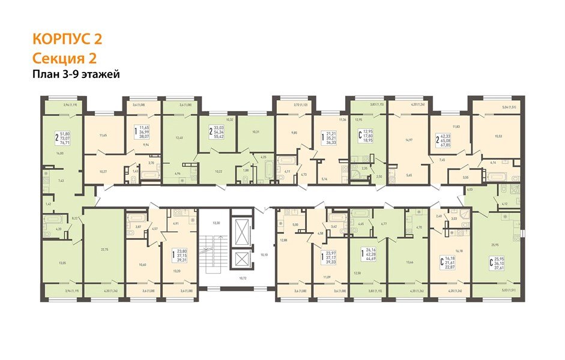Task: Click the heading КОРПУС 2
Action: pyautogui.click(x=67, y=39)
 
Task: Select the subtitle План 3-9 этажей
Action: pyautogui.click(x=76, y=74)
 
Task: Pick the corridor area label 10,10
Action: pyautogui.click(x=264, y=254)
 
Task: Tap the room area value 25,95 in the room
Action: pyautogui.click(x=495, y=244)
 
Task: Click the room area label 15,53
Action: pyautogui.click(x=498, y=136)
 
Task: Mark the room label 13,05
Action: pyautogui.click(x=61, y=262)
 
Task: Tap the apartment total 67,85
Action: pyautogui.click(x=445, y=145)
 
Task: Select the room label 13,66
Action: pyautogui.click(x=409, y=262)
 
